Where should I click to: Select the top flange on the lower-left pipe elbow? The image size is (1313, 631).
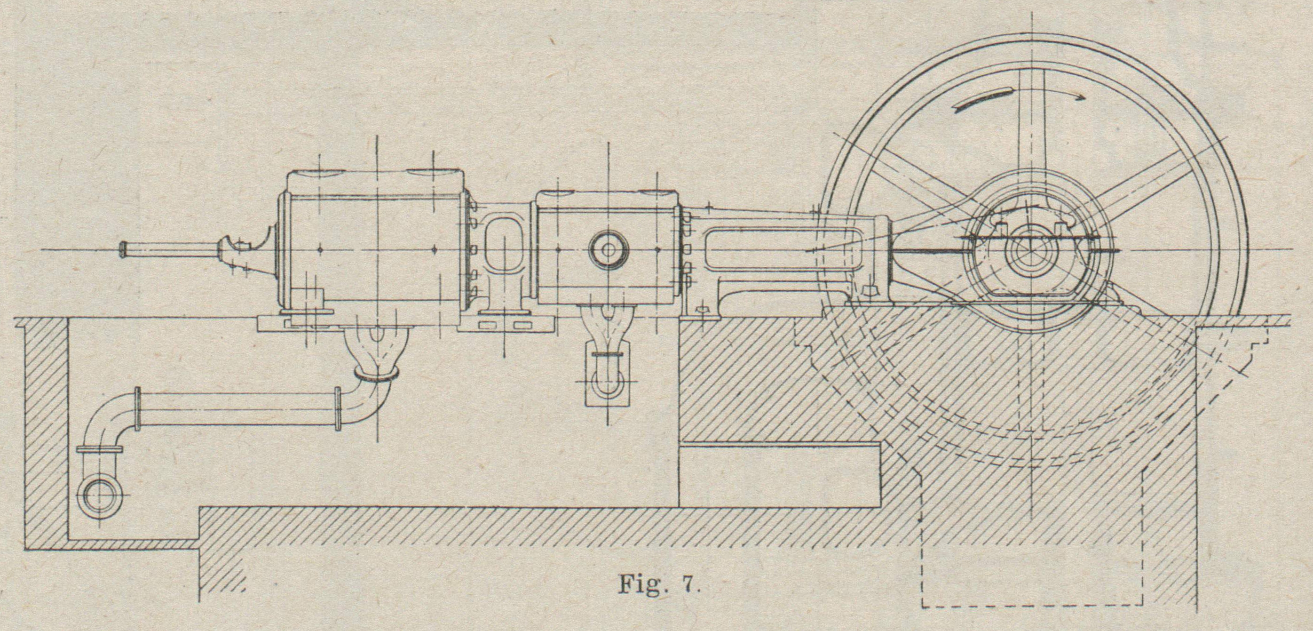99,450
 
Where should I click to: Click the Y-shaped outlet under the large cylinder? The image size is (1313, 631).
377,347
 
